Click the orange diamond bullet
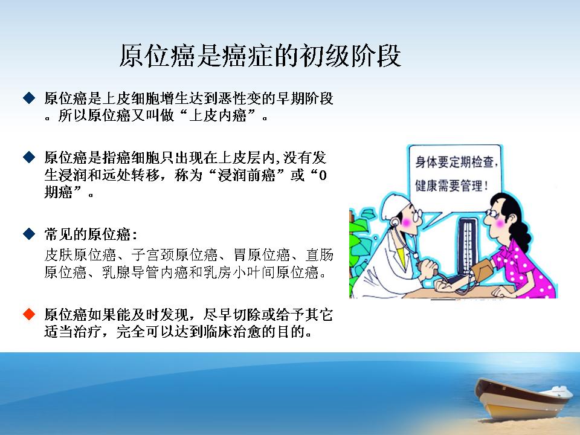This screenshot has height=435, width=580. coord(29,314)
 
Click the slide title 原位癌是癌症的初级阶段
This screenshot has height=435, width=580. coord(260,56)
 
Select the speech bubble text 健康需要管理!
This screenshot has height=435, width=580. coord(452,185)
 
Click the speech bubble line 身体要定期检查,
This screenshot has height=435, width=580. coord(457,162)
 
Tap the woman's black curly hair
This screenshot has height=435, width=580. coord(514,218)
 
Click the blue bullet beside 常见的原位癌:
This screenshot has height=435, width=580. coord(29,234)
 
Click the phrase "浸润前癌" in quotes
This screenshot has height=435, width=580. coord(246,175)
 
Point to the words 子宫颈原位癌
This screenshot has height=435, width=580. coord(175,255)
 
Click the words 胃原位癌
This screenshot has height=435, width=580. coord(262,255)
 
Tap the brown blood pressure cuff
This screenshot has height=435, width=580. coord(481,269)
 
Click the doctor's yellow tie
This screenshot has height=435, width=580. coord(401,255)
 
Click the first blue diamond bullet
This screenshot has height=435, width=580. coord(29,98)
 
